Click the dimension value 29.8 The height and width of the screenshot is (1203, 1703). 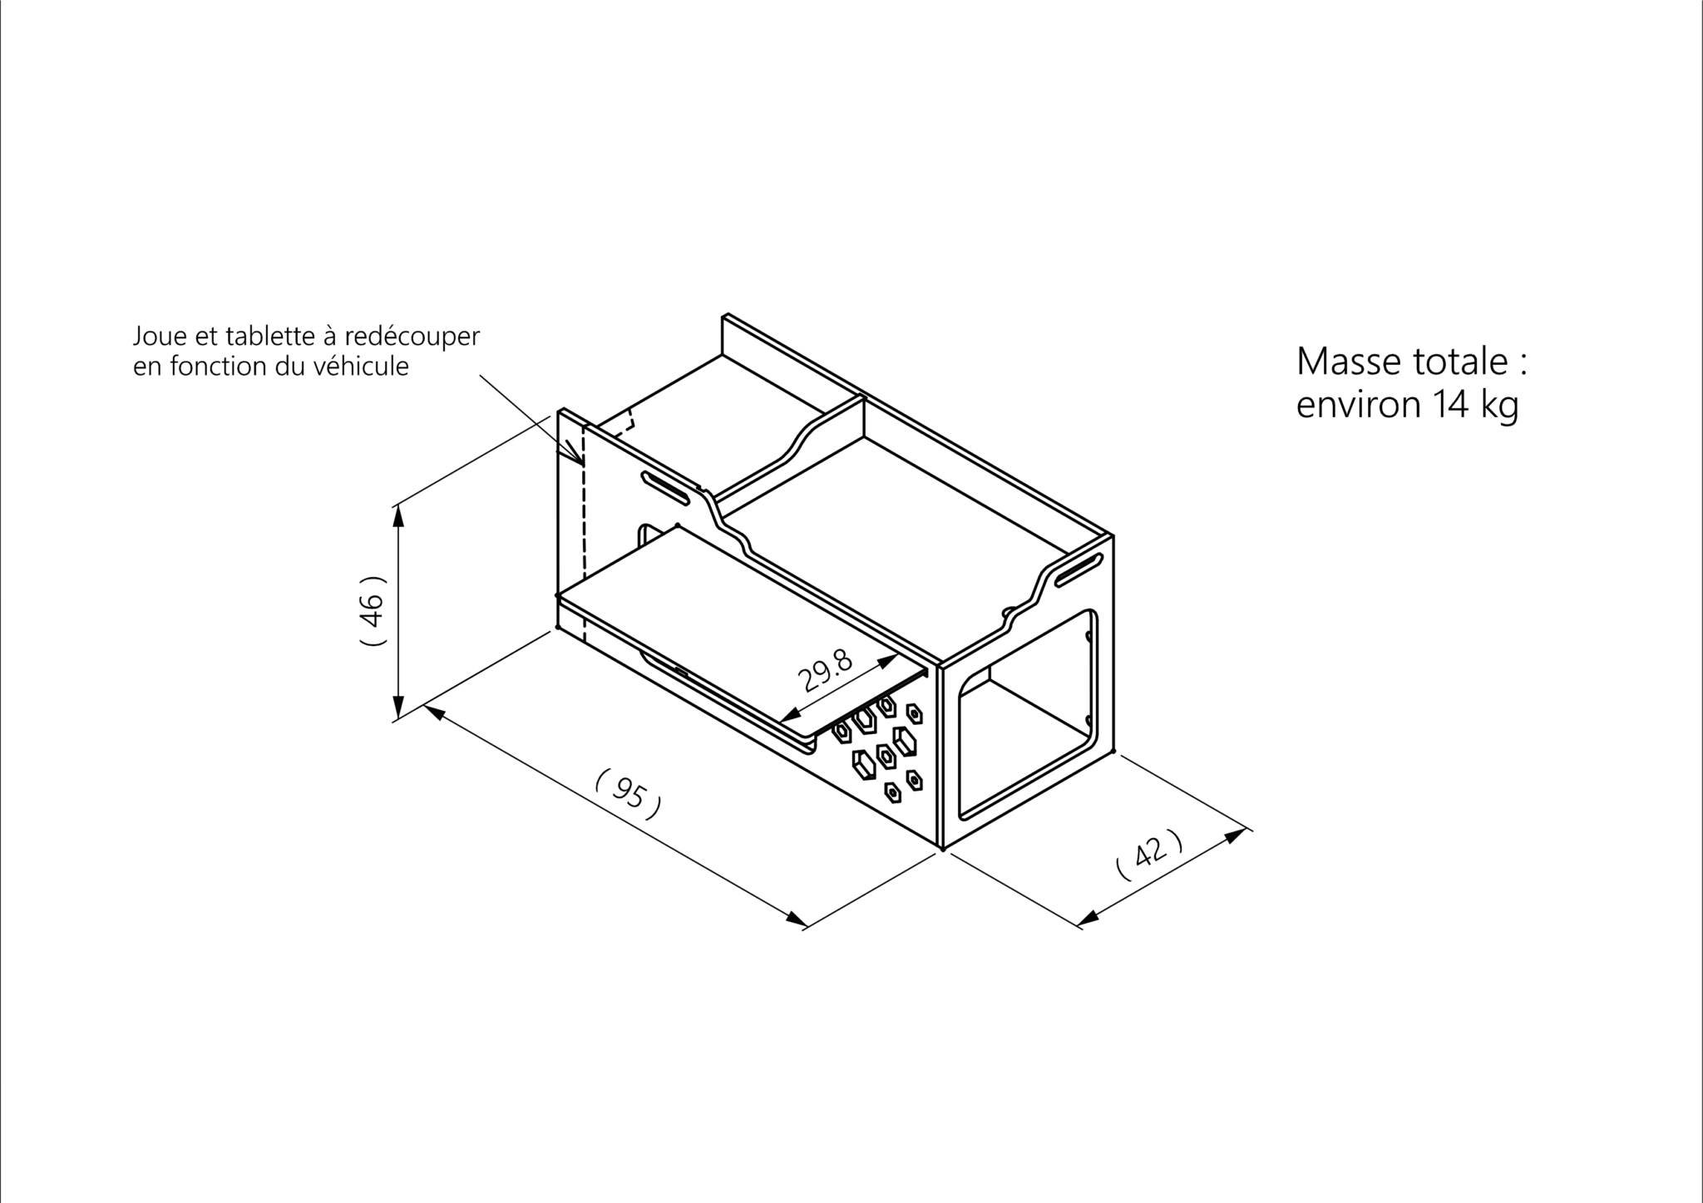click(826, 671)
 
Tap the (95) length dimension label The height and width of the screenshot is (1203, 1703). click(629, 795)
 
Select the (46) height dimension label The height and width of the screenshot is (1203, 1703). click(373, 611)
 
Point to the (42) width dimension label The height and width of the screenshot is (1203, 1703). click(1149, 854)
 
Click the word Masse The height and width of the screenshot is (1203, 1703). click(1348, 362)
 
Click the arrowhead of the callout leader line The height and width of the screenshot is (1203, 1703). click(575, 456)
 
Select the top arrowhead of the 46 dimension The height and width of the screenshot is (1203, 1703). click(398, 515)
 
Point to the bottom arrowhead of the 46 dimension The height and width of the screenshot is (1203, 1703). click(398, 707)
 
